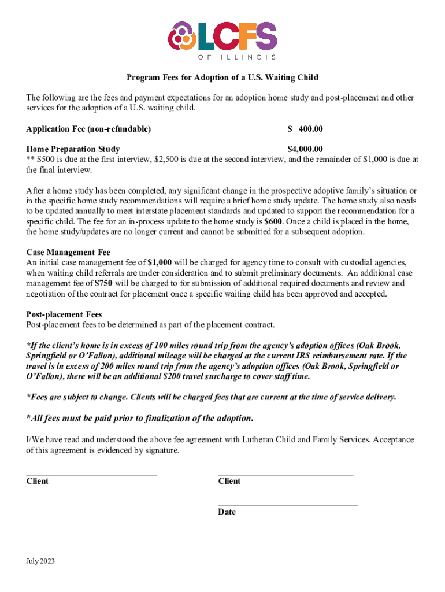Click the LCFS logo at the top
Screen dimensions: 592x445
pos(222,38)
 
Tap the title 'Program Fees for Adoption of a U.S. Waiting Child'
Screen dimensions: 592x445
pos(222,77)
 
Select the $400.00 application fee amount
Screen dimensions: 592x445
pos(305,129)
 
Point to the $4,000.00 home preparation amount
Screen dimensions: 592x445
pos(305,149)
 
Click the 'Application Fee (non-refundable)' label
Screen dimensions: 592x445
pos(88,129)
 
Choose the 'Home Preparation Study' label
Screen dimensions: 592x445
pos(73,149)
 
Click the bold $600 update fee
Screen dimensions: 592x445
pos(273,221)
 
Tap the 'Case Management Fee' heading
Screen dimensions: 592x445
pos(68,252)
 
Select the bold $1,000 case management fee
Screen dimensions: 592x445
pos(160,262)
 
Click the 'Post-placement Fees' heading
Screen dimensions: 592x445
pos(64,314)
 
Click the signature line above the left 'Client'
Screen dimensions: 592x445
pos(92,474)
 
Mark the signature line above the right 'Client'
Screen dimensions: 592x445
pos(285,474)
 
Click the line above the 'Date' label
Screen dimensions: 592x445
pos(287,505)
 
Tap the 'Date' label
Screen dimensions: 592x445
pos(227,512)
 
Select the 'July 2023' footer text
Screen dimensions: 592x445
pos(40,560)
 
